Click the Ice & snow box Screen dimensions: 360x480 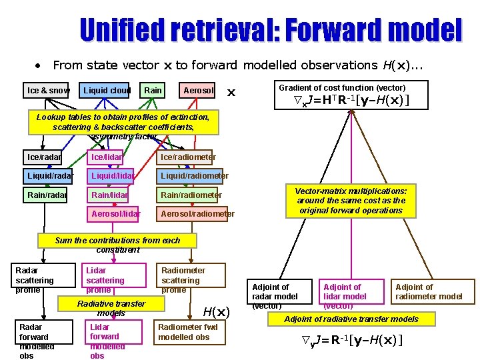(48, 90)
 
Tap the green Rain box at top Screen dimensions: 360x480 (153, 90)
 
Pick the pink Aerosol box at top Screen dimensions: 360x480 (198, 90)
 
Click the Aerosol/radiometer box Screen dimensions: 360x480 (197, 213)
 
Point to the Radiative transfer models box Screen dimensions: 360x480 (111, 308)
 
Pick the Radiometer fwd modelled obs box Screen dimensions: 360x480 (189, 332)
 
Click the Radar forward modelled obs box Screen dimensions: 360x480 (43, 341)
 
